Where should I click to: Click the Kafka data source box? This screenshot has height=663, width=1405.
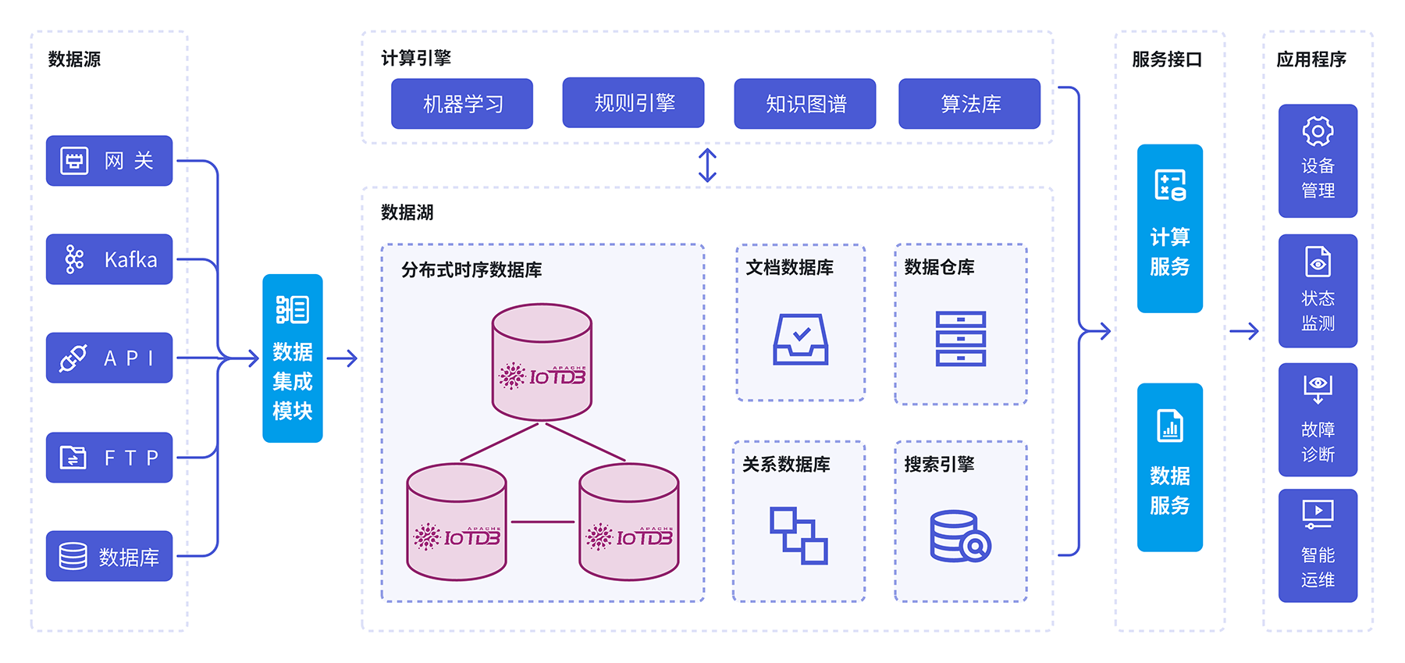tap(109, 259)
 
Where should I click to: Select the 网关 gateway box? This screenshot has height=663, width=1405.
tap(109, 161)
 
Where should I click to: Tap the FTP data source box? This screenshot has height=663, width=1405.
tap(109, 458)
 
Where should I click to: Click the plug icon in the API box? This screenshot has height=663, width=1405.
tap(73, 358)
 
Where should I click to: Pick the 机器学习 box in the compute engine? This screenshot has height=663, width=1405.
tap(462, 104)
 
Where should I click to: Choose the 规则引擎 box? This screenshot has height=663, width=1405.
tap(633, 102)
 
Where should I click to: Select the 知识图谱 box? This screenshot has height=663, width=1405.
tap(805, 104)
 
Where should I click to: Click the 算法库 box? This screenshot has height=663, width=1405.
tap(969, 104)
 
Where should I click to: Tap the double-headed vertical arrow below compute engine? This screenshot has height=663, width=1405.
tap(707, 166)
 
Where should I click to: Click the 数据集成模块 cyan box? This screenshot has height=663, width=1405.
tap(293, 358)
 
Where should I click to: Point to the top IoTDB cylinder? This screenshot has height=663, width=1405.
tap(542, 362)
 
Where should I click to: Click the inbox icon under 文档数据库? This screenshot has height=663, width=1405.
tap(800, 339)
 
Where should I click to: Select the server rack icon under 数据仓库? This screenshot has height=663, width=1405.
tap(960, 339)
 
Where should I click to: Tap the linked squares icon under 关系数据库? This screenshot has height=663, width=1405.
tap(799, 536)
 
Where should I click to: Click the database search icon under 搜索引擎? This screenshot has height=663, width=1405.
tap(960, 536)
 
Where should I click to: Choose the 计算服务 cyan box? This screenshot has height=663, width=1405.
tap(1169, 229)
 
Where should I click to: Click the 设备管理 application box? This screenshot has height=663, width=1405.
tap(1318, 161)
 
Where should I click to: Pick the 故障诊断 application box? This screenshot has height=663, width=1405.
tap(1318, 420)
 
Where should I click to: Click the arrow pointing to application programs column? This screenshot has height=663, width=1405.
tap(1244, 331)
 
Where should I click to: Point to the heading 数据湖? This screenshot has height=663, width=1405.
tap(407, 212)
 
